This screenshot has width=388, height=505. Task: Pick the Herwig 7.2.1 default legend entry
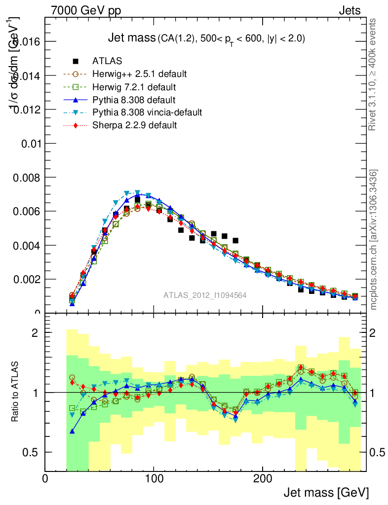pos(134,87)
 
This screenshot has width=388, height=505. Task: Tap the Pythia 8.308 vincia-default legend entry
pos(147,112)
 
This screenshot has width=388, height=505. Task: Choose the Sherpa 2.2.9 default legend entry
pos(135,125)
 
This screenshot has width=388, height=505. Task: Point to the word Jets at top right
pos(349,10)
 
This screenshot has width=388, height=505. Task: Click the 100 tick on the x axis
pos(154,478)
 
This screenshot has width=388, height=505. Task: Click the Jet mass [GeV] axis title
pos(326,492)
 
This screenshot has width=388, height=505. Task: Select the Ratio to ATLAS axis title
pos(15,392)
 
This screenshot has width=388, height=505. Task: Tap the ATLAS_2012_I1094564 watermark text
pos(205,295)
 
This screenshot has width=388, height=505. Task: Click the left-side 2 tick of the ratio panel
pos(36,333)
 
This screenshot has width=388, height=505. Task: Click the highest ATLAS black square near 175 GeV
pos(235,241)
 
